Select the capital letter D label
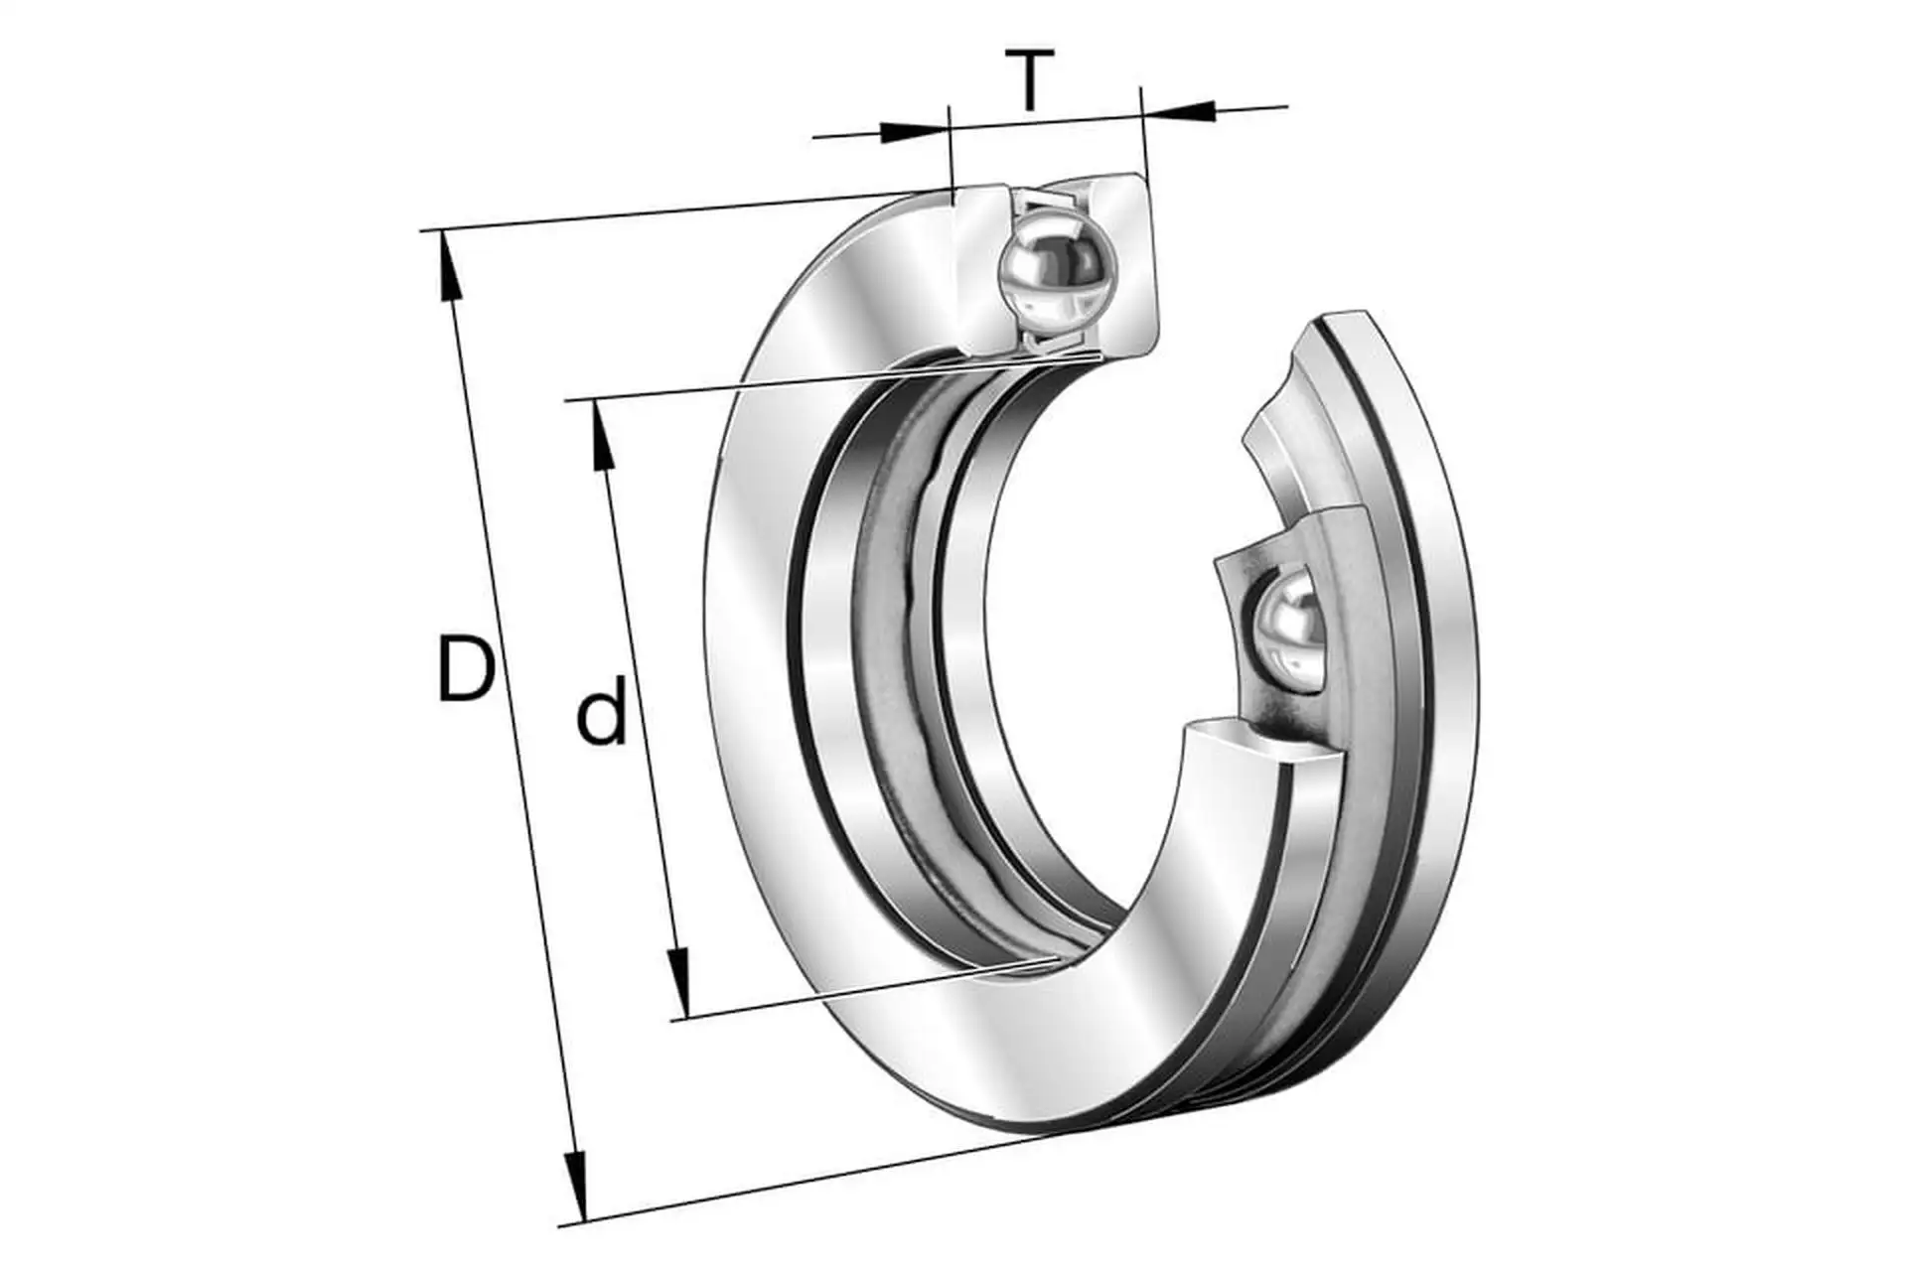[466, 669]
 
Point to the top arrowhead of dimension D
[448, 264]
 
